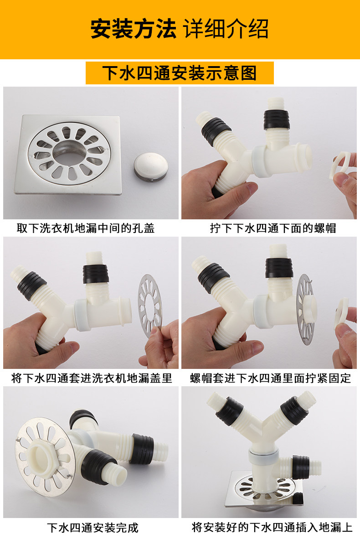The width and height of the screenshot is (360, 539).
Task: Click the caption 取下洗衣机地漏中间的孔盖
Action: point(86,228)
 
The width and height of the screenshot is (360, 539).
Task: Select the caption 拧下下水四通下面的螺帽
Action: point(273,228)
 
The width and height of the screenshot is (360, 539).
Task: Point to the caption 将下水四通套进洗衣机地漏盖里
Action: point(92,378)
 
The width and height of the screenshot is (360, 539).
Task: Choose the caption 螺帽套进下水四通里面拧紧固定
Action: point(270,378)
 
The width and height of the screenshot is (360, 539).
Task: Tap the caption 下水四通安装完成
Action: point(93,528)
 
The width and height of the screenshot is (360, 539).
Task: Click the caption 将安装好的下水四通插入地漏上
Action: point(272,528)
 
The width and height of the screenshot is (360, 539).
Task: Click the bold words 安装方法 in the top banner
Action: point(133,29)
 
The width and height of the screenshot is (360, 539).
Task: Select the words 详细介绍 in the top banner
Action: point(226,29)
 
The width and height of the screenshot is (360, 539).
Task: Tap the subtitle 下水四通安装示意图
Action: point(179,73)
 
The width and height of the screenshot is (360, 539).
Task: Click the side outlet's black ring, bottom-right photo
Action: point(301,467)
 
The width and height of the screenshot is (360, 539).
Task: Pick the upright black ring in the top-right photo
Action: point(277,119)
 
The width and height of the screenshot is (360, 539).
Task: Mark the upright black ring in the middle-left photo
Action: point(96,274)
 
